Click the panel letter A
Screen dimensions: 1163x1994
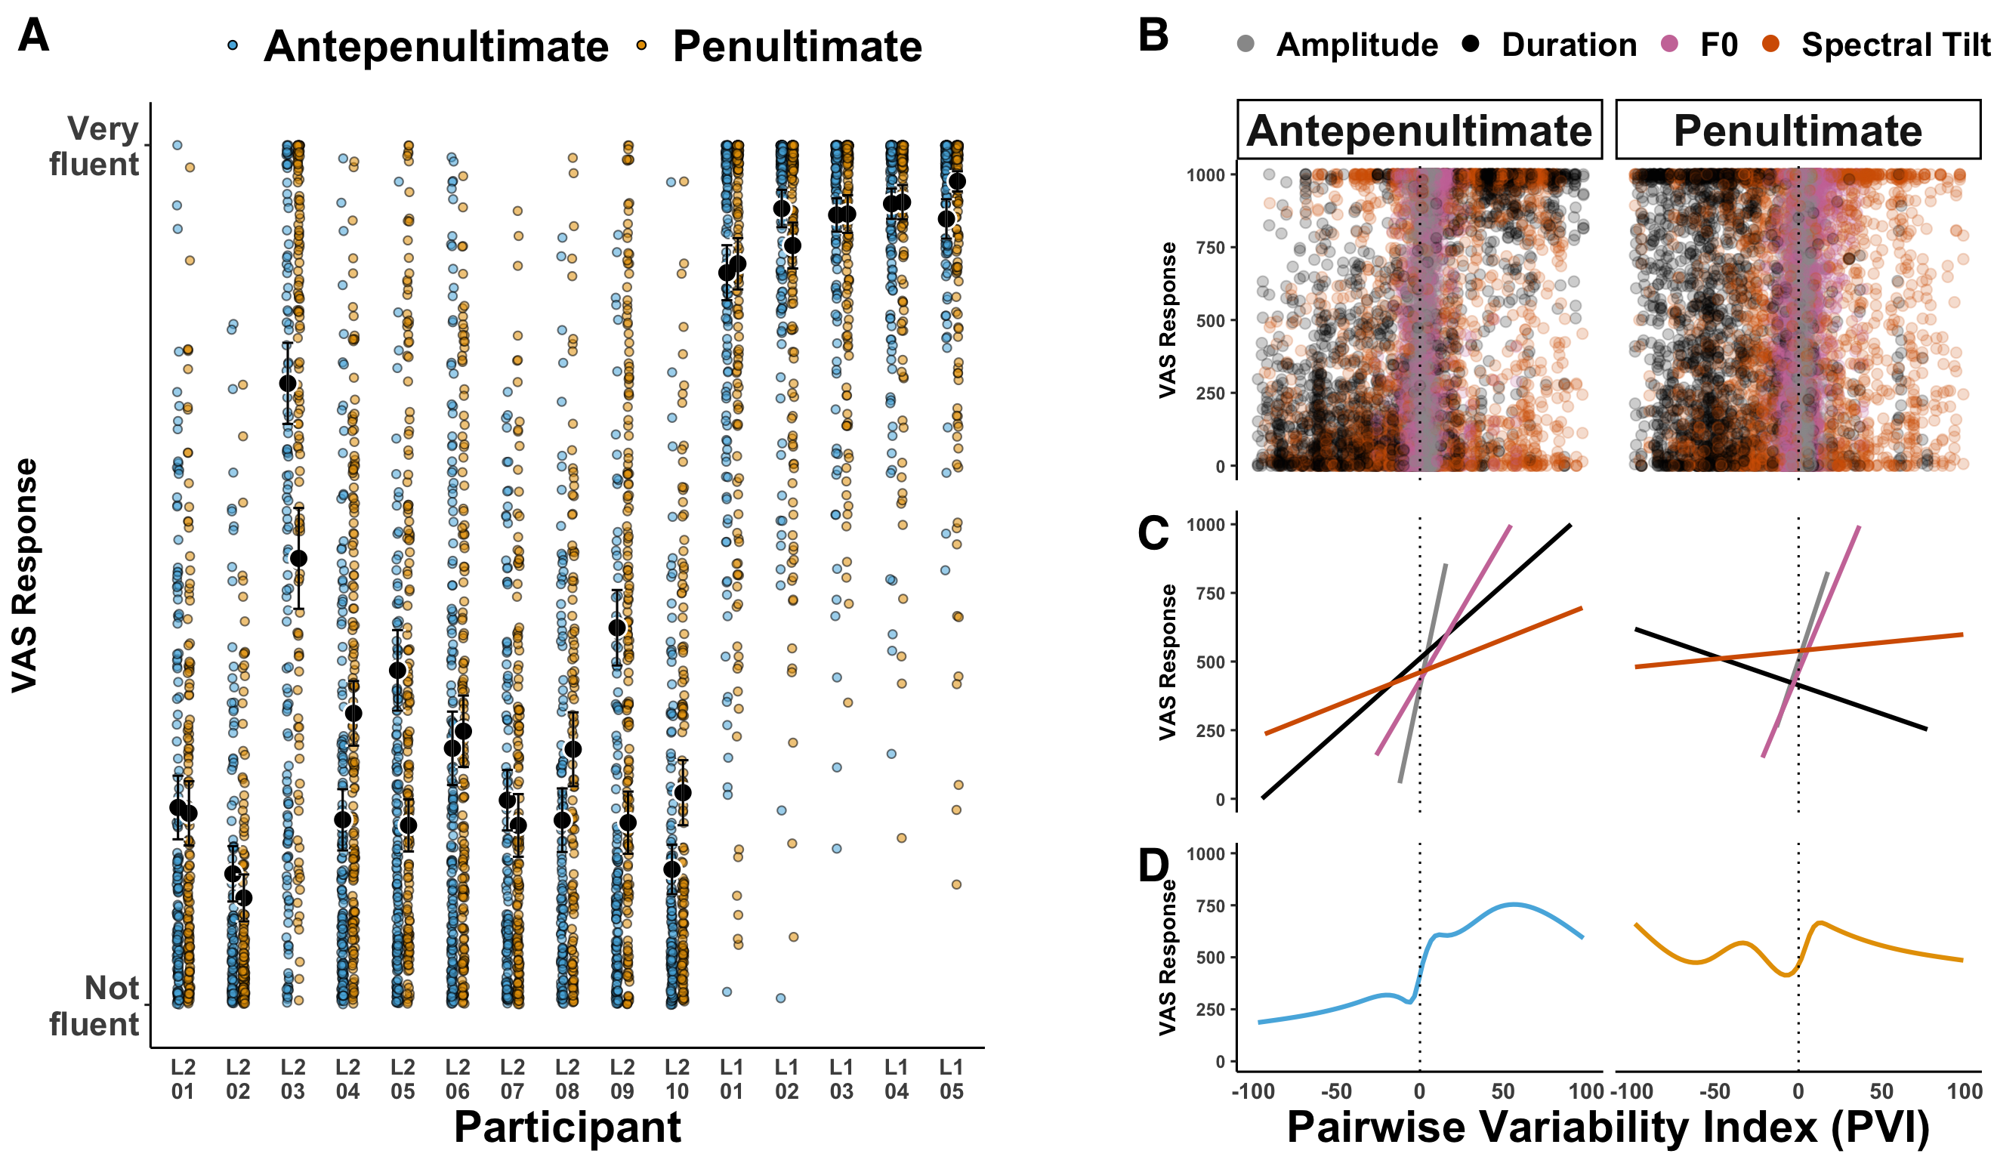[33, 35]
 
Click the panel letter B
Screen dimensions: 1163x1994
[1153, 35]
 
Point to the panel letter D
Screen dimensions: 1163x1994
[1153, 865]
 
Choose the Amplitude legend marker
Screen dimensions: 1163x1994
[1246, 45]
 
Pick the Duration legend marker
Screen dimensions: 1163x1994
[1470, 45]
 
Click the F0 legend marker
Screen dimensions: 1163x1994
[1669, 45]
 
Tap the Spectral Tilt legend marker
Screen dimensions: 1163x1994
[1771, 45]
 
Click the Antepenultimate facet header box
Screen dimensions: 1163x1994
[1419, 130]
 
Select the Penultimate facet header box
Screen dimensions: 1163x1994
[1798, 130]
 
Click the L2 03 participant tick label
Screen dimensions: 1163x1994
[293, 1079]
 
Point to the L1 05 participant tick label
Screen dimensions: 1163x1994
[951, 1079]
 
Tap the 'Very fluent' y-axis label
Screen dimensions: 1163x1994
[95, 147]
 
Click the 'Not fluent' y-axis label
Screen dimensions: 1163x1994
[95, 1006]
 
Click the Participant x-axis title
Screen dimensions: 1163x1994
[566, 1127]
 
